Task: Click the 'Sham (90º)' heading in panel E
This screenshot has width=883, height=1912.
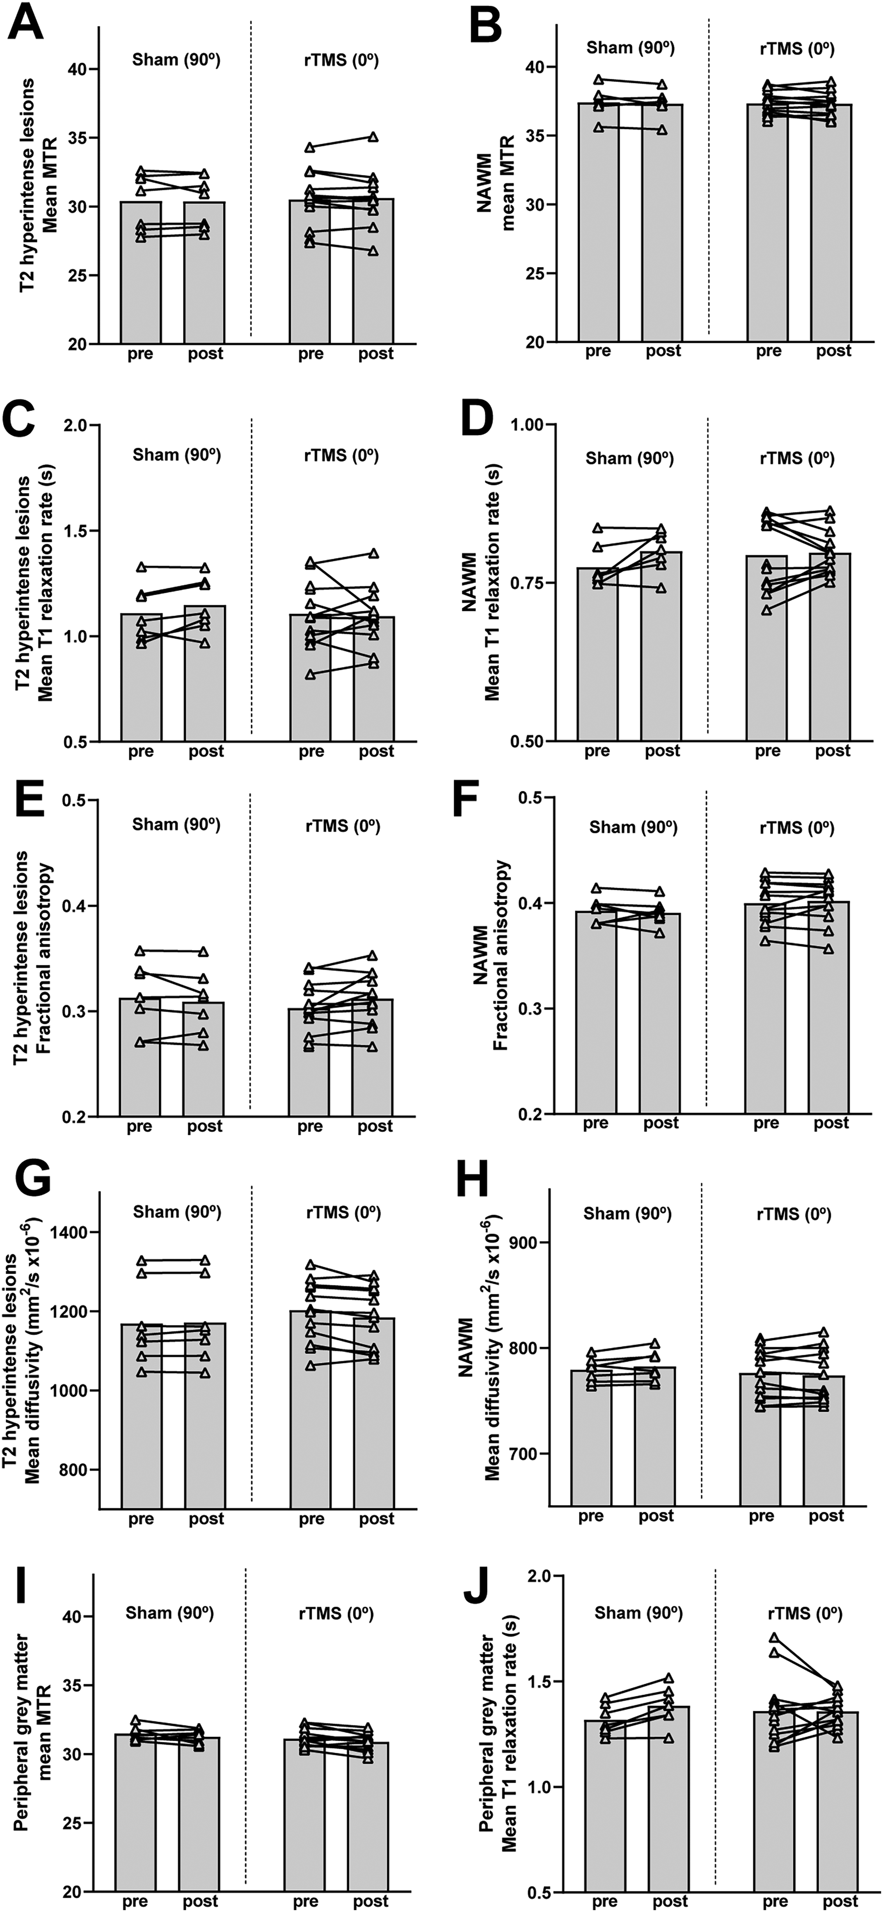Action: click(x=176, y=824)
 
